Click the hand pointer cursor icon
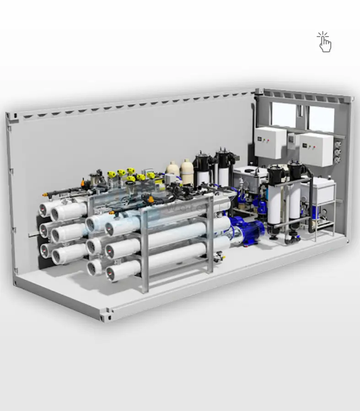[324, 42]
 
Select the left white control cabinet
[270, 143]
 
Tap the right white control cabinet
[317, 149]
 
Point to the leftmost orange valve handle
[83, 182]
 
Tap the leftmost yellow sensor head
[111, 174]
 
